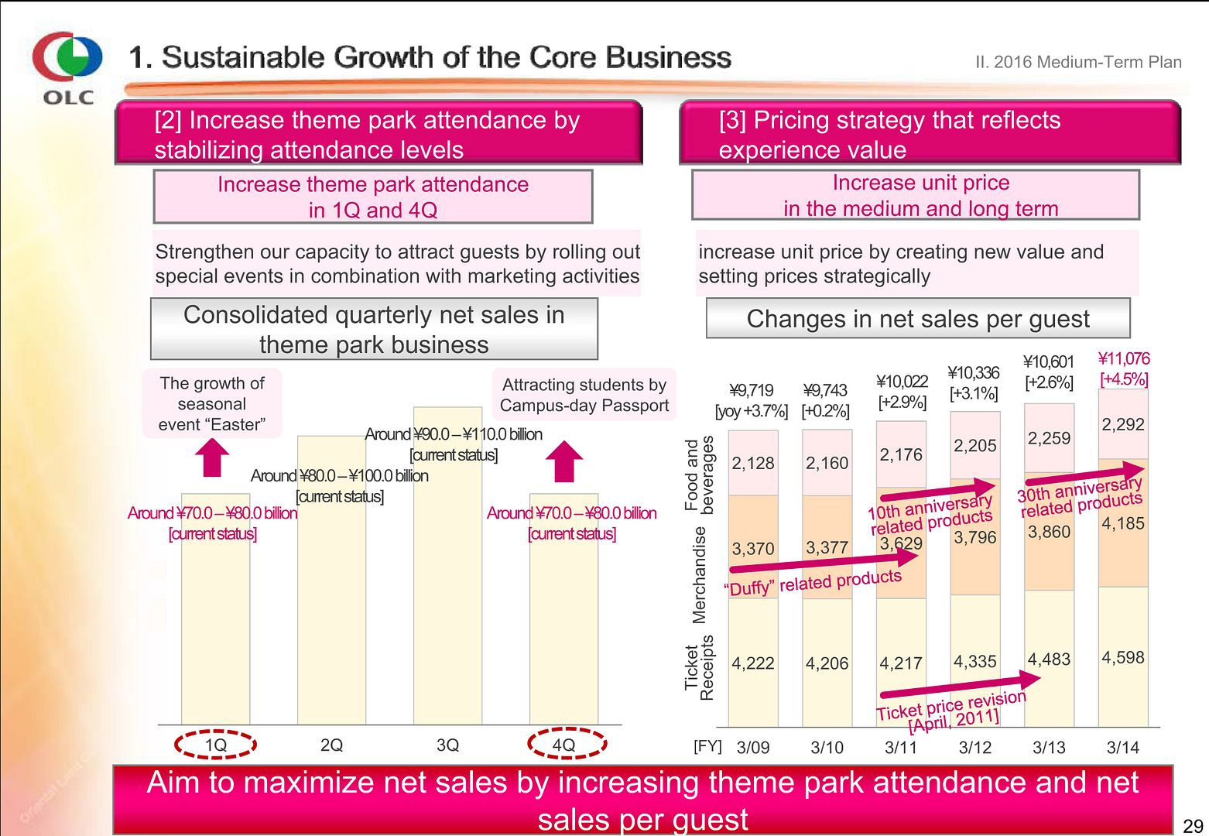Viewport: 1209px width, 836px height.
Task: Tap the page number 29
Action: [x=1193, y=825]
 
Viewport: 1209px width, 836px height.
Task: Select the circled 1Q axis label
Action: [x=215, y=745]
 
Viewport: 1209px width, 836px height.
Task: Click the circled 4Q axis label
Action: [x=564, y=745]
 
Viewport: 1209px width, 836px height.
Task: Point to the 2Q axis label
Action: [x=331, y=745]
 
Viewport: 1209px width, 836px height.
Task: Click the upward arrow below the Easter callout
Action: [x=212, y=457]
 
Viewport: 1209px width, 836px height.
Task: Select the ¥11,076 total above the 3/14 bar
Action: [x=1124, y=358]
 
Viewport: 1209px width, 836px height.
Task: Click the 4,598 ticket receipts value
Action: [x=1122, y=657]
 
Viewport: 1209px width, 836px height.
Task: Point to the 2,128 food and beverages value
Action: [x=752, y=463]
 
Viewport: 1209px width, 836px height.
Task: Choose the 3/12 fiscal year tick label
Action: [x=975, y=748]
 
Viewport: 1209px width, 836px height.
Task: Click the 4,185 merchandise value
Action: [x=1122, y=523]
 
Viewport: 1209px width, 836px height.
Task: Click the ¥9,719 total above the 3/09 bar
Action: [x=751, y=390]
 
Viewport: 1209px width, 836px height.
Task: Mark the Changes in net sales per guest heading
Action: [x=918, y=319]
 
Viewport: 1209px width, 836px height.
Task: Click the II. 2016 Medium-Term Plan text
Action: [x=1078, y=62]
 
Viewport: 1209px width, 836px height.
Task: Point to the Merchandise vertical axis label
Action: [x=700, y=574]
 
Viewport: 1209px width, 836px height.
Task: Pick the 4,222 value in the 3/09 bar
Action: [x=752, y=663]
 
